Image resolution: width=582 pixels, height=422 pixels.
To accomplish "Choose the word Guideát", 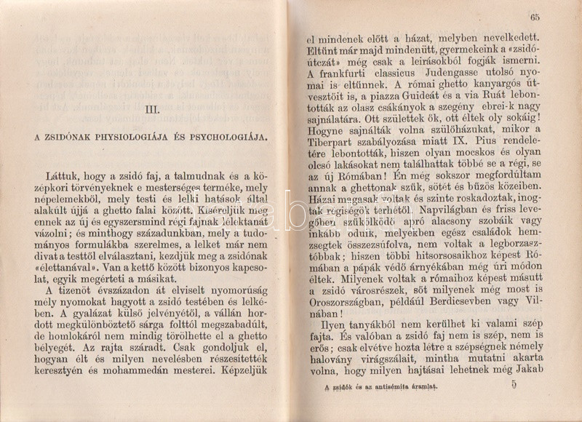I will point(440,105).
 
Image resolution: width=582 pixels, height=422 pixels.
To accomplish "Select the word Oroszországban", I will point(345,303).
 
